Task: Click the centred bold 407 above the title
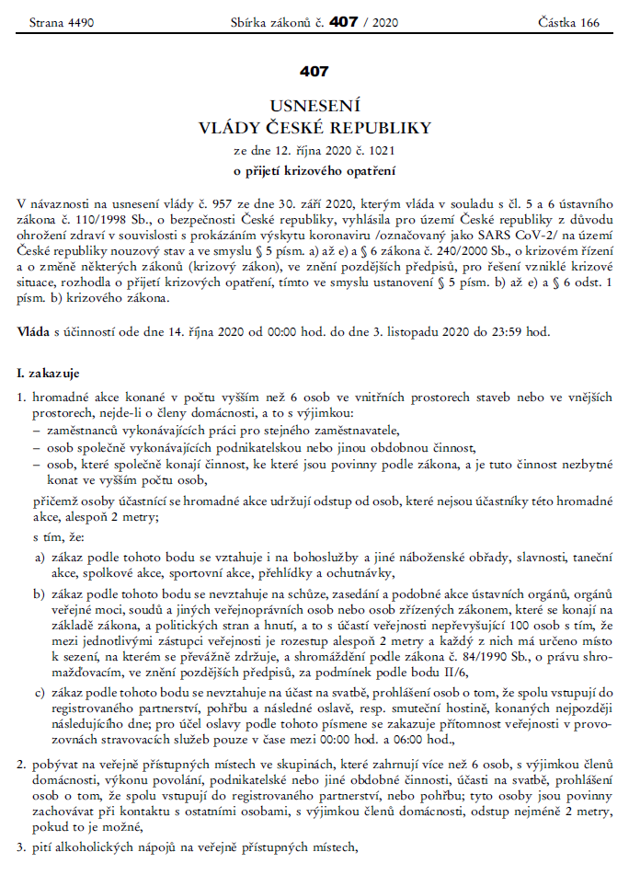[x=314, y=71]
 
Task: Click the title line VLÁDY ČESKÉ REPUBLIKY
[x=314, y=126]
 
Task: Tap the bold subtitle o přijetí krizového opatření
[x=314, y=168]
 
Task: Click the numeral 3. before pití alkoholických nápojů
[x=22, y=846]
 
